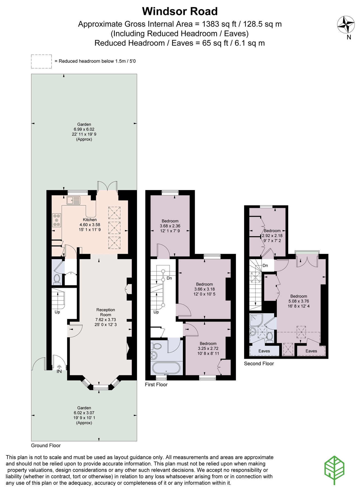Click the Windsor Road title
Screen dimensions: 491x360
point(180,11)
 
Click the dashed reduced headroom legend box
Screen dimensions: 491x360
point(41,61)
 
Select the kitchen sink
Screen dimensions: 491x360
point(73,200)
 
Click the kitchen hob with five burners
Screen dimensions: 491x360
point(57,220)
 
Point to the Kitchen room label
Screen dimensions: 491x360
point(90,220)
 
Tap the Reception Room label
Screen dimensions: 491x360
point(106,312)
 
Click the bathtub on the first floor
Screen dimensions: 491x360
point(166,368)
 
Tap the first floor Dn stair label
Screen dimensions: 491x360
point(169,278)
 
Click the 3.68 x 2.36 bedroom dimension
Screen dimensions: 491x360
point(170,226)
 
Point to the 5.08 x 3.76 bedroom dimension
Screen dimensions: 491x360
point(299,301)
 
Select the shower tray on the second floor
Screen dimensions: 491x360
point(256,320)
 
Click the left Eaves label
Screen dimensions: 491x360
point(264,351)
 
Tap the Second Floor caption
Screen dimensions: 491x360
point(259,363)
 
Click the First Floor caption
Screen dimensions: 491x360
point(156,384)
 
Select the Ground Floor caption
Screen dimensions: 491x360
point(46,445)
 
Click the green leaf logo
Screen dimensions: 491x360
point(334,470)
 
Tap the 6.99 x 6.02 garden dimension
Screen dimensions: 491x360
point(84,129)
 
